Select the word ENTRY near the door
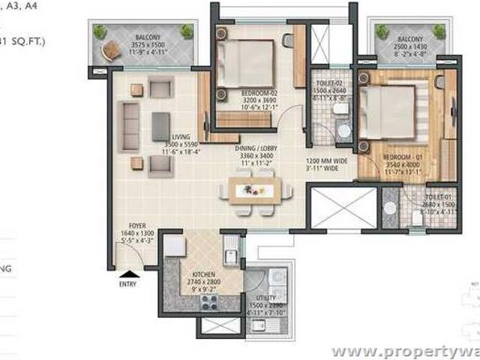129,284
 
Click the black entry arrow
130,274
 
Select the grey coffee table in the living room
160,125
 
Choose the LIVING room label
180,136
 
